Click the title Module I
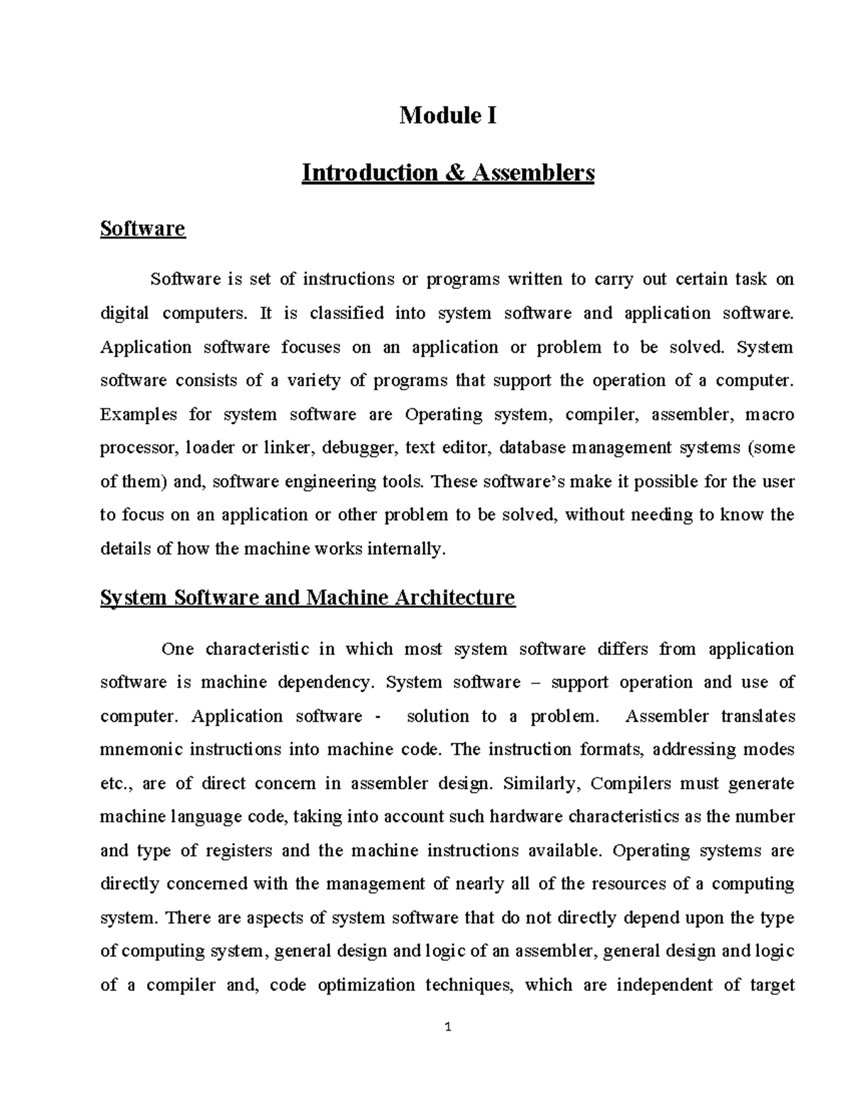coord(447,114)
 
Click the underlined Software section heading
coord(143,229)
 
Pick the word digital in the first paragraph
coord(124,313)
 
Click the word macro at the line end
coord(769,414)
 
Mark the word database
coord(532,447)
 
